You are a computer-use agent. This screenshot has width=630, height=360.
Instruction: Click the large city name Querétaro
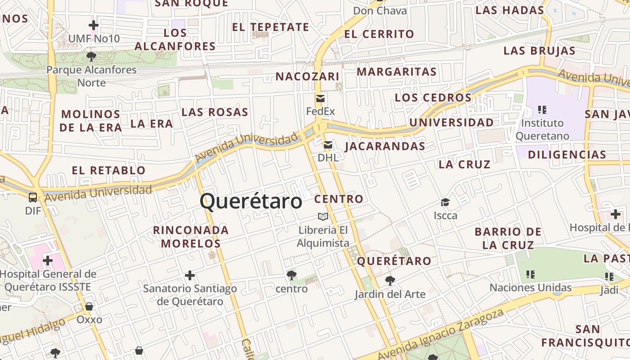point(251,201)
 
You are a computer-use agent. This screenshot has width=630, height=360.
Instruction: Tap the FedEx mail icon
point(320,99)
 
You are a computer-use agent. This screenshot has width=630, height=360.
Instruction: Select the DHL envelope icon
point(328,145)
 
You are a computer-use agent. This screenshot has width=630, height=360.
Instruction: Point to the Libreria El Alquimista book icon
point(323,217)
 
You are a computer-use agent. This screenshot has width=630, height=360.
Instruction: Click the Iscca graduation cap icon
point(445,202)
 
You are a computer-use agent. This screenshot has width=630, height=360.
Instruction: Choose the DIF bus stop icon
point(33,197)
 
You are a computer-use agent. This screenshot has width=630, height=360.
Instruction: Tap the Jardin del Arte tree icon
point(390,281)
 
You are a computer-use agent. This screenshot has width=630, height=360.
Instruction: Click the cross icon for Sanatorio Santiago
point(190,275)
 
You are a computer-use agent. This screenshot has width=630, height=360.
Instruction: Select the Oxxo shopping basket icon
point(89,306)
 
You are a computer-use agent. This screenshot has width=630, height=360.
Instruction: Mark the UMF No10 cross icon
point(94,25)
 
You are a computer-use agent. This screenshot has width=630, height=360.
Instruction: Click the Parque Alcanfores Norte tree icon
point(91,56)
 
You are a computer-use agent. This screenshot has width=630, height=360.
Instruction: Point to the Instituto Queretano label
point(542,129)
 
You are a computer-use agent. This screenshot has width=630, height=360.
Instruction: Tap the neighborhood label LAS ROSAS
point(215,112)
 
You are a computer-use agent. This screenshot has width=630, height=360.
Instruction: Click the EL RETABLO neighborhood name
point(109,170)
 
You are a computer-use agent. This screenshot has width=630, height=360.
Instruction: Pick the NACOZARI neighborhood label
point(307,76)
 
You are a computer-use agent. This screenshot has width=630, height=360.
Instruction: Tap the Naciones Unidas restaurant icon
point(531,274)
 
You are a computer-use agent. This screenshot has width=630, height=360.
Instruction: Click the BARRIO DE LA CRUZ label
point(508,238)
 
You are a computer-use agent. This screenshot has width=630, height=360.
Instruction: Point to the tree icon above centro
point(291,275)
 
